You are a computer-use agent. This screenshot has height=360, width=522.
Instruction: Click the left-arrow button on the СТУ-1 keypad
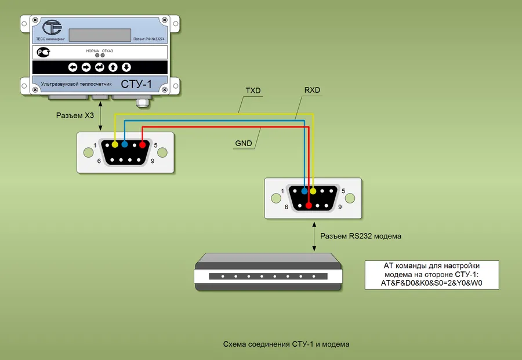73,67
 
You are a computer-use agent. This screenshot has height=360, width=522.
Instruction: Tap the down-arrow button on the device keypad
126,67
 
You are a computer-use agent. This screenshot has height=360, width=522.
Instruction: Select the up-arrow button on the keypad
113,67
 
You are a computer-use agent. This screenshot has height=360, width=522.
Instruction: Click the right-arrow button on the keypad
86,67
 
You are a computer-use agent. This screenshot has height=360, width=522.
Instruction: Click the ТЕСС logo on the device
53,28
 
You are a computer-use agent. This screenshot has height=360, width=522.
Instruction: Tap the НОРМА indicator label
92,51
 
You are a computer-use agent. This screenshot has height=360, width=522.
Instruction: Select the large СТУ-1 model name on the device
136,85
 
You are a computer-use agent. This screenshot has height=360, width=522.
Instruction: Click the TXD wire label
253,91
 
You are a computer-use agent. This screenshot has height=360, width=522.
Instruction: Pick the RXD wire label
312,90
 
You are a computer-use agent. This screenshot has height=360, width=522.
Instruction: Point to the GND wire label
244,143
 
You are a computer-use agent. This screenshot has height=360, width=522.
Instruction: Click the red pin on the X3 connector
142,144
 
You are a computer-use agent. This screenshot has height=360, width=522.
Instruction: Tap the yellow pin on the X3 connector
115,144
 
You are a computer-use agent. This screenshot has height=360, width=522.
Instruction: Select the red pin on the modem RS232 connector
309,205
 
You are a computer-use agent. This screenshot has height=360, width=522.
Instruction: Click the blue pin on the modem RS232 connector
304,191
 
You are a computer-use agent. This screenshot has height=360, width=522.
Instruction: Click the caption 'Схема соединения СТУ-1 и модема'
287,344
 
